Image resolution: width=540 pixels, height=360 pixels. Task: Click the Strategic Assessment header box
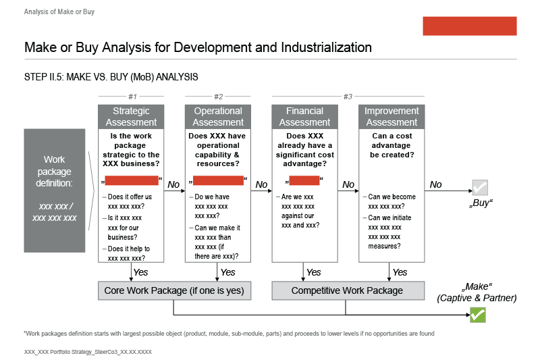tap(132, 117)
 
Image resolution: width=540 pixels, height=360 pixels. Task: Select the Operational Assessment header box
tap(218, 117)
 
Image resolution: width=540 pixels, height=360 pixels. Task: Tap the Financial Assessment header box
tap(305, 117)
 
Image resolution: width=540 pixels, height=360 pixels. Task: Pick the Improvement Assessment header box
tap(391, 117)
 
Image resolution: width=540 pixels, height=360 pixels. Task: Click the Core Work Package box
tap(174, 290)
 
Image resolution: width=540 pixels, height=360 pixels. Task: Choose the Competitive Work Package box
tap(348, 290)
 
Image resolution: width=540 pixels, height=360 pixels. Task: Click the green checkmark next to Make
tap(478, 315)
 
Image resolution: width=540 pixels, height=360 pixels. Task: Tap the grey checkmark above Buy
tap(480, 187)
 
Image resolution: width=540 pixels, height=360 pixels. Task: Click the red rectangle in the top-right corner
tap(469, 26)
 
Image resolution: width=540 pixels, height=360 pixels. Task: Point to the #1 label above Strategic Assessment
tap(132, 97)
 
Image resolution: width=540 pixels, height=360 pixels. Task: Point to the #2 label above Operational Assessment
tap(218, 97)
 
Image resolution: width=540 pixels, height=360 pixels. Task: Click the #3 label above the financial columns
tap(348, 97)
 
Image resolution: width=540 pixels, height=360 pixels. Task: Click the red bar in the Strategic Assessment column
tap(132, 180)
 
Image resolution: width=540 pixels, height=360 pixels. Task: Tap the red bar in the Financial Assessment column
tap(304, 180)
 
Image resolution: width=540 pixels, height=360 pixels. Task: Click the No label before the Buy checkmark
tap(435, 184)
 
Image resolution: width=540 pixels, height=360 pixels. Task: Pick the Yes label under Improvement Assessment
tap(400, 272)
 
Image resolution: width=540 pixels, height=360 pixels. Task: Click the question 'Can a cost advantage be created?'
tap(391, 145)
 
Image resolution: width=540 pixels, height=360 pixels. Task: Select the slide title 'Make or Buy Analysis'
tap(198, 47)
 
